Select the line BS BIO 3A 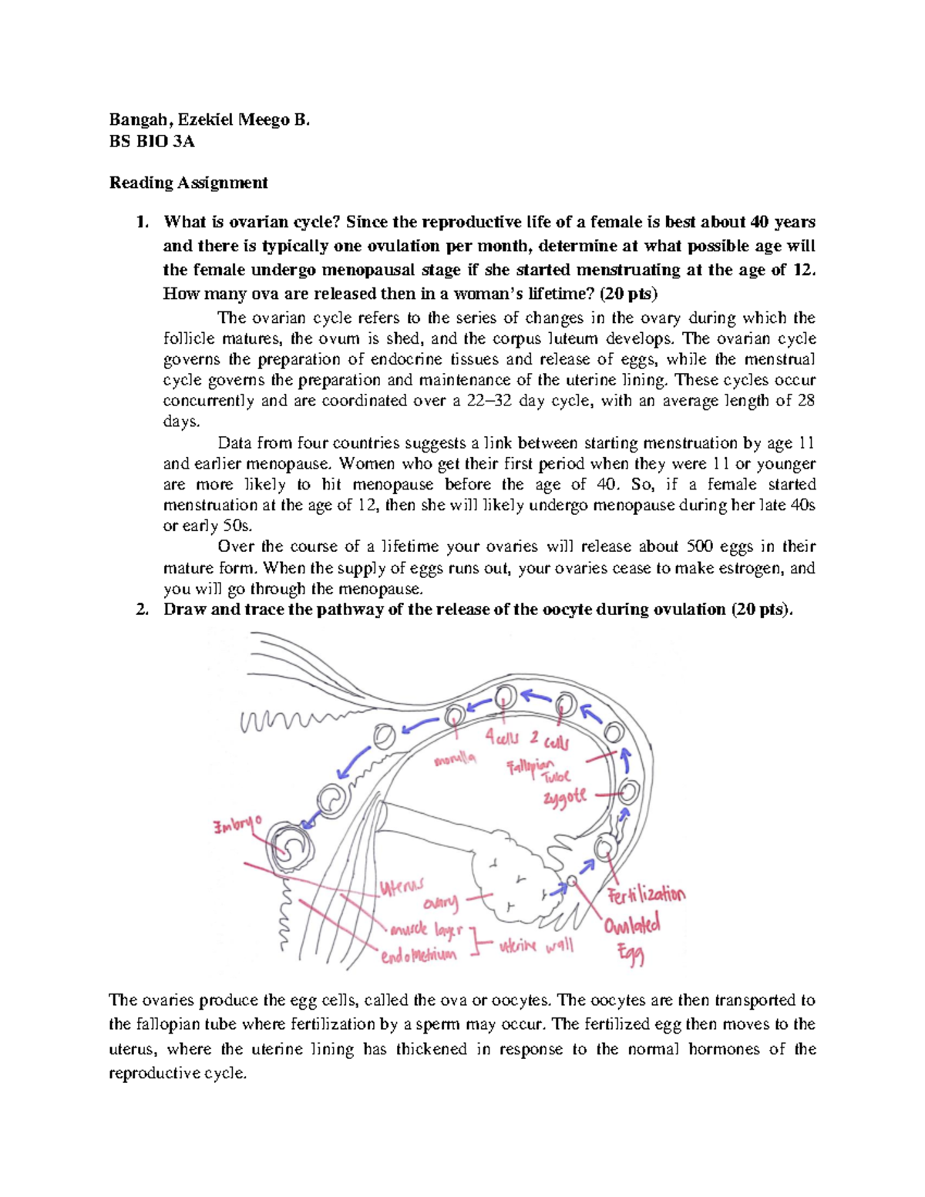152,141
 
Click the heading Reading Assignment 188,183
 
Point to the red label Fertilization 646,896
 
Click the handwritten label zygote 565,797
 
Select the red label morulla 455,760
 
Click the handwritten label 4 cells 502,738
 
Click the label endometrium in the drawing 419,955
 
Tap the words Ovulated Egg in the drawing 632,936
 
